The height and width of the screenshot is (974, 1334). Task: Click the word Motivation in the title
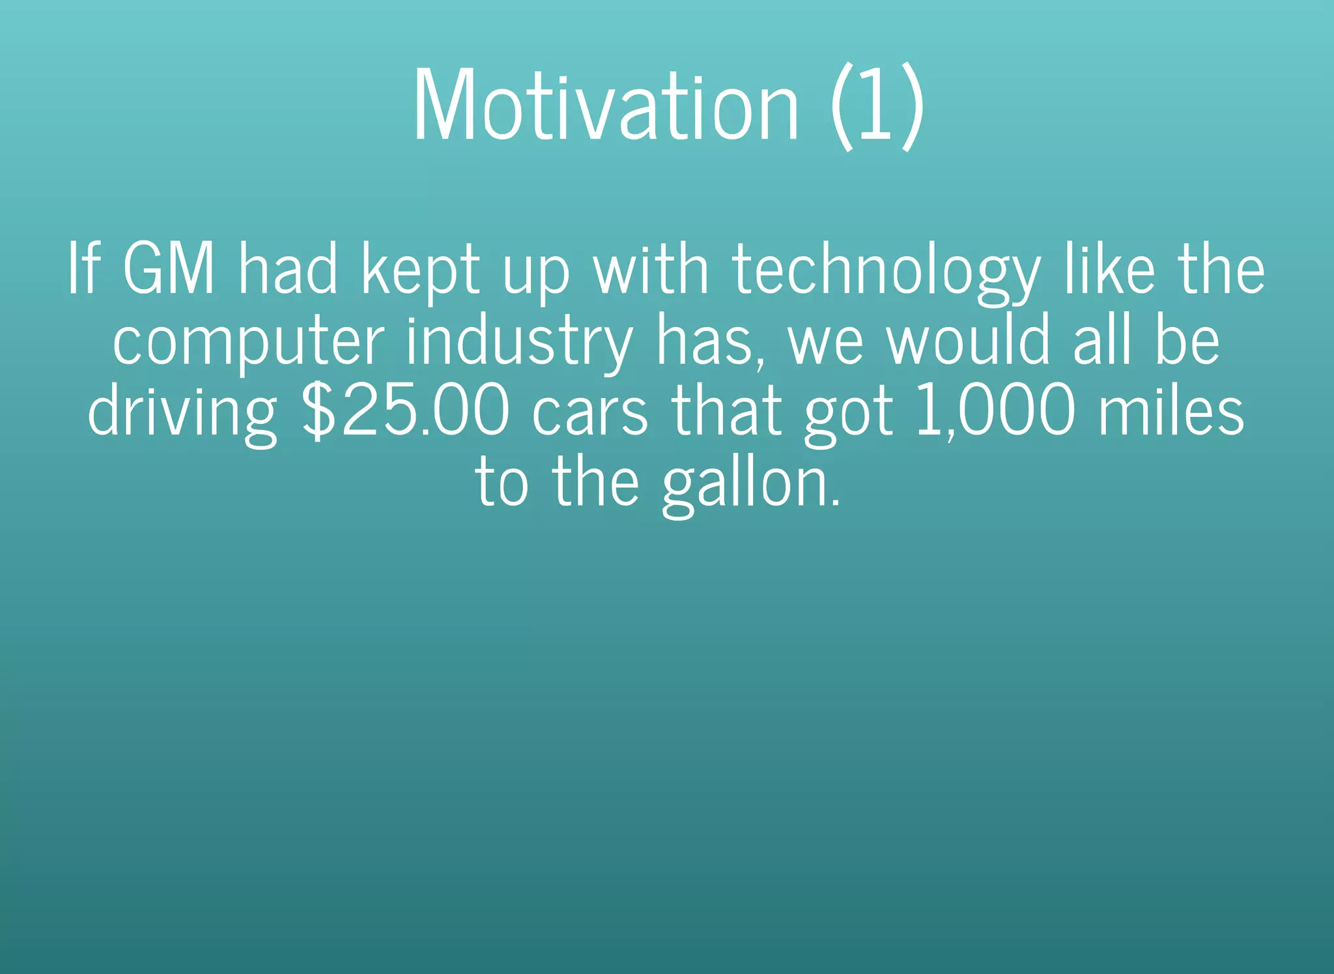(x=606, y=104)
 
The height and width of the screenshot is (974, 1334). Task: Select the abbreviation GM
(x=169, y=269)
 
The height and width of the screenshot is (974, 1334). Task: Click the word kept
(x=420, y=270)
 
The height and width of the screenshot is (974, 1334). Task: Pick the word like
(x=1109, y=268)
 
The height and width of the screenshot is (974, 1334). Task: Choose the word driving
(x=182, y=414)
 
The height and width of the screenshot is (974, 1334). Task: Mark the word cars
(x=589, y=414)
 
